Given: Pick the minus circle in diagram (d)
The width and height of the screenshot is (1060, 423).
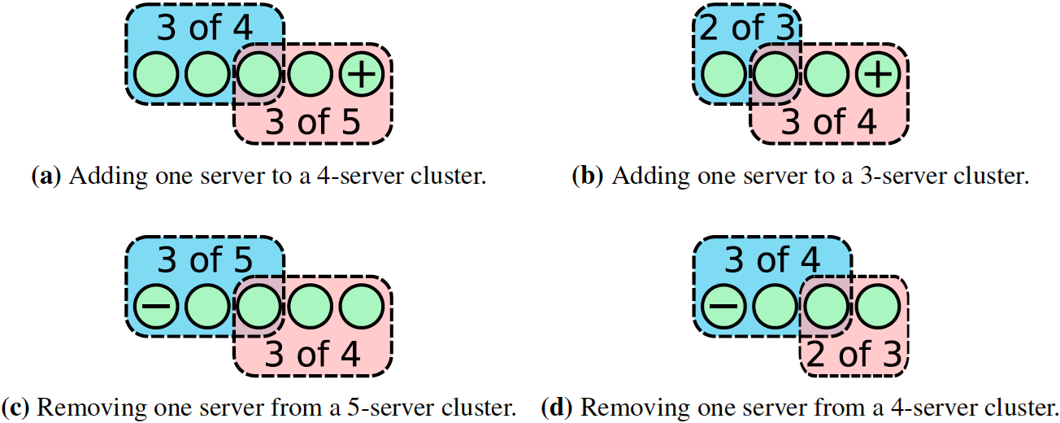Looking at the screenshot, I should pos(722,306).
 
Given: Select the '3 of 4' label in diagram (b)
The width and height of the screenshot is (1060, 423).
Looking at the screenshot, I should pos(829,121).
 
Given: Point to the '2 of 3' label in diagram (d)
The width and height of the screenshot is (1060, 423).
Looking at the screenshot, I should pos(854,353).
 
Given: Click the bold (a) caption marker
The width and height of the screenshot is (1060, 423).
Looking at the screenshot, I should pos(46,177).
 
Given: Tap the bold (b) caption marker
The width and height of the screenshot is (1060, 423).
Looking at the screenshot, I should pos(588,177).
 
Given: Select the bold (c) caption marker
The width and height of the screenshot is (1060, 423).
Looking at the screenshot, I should pos(17,407).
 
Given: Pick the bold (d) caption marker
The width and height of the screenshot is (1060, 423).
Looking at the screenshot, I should pos(558,407).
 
